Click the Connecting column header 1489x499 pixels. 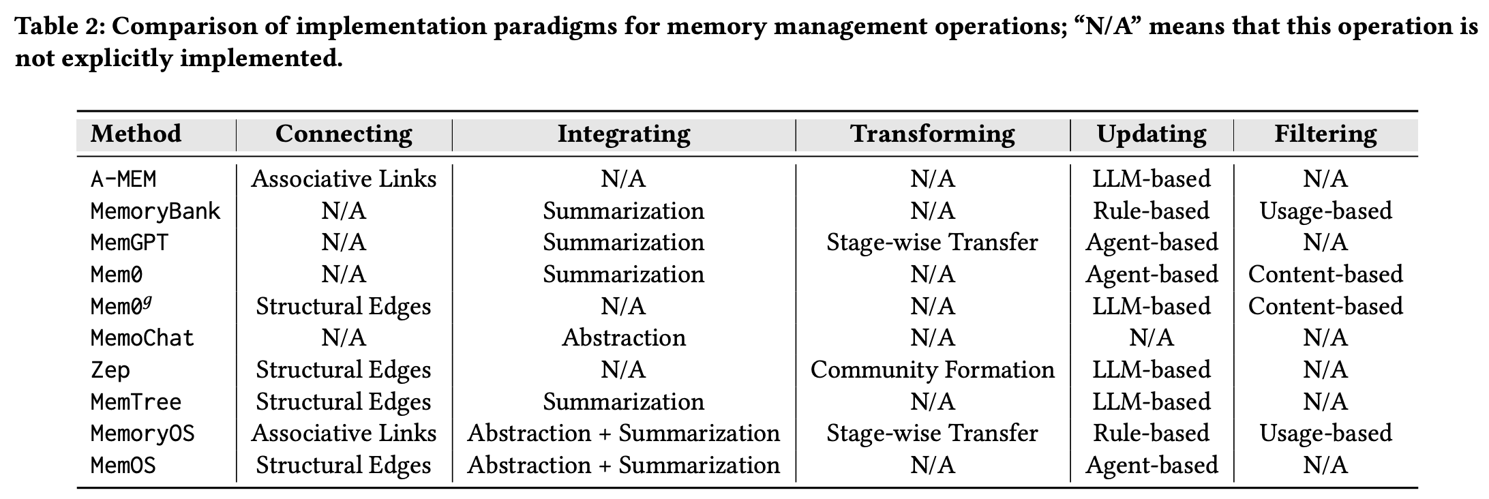[x=344, y=134]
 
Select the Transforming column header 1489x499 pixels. [x=932, y=134]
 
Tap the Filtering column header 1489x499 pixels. [x=1325, y=134]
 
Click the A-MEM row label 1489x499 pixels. [x=123, y=179]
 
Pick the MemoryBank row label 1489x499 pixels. [x=155, y=211]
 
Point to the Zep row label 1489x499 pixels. [x=110, y=370]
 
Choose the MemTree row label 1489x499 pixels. [x=136, y=402]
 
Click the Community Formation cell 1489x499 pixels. [x=932, y=370]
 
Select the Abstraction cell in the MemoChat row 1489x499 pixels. [x=624, y=338]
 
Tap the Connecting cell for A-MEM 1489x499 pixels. [x=344, y=179]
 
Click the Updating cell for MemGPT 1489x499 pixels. [x=1152, y=243]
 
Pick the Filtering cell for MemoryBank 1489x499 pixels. [x=1325, y=211]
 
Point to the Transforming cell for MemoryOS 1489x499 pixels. [x=932, y=434]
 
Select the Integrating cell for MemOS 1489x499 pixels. [x=624, y=466]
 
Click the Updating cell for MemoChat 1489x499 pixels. [x=1152, y=338]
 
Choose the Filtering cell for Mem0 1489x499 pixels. [x=1325, y=275]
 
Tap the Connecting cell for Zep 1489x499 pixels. [x=344, y=370]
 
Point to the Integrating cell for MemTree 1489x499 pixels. [x=624, y=402]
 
